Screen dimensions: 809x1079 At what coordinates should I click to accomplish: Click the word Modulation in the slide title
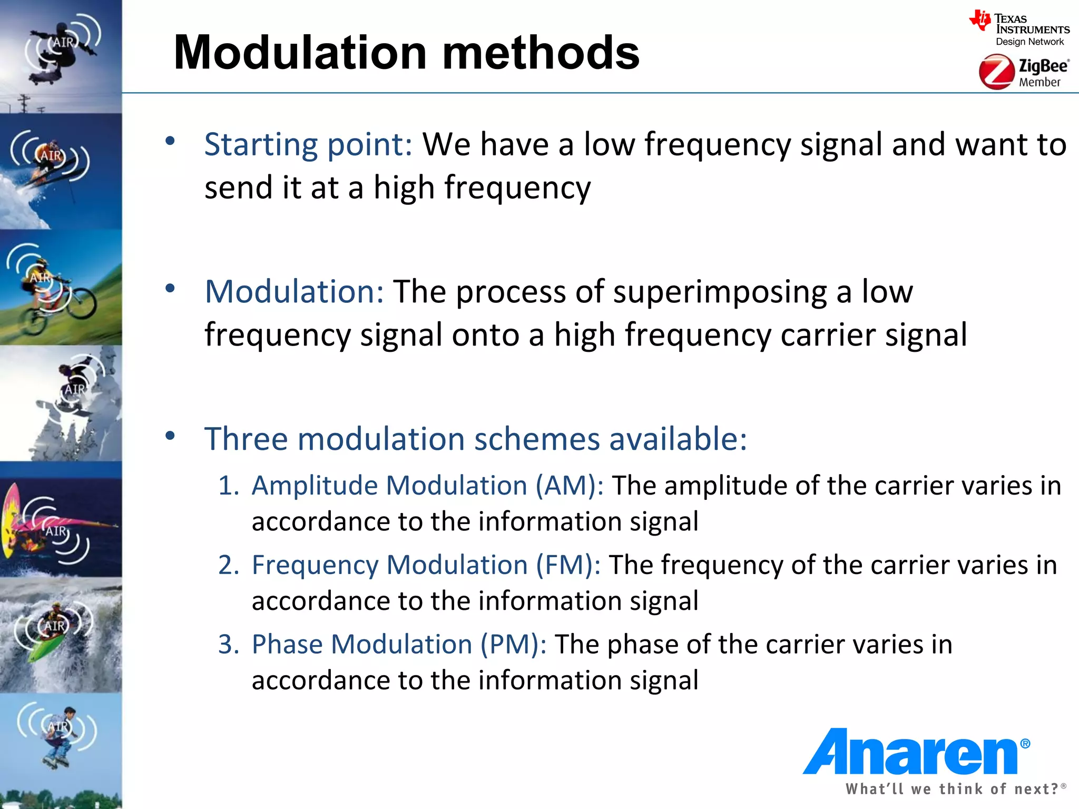(x=300, y=53)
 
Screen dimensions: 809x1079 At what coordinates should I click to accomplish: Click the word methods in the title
(x=541, y=53)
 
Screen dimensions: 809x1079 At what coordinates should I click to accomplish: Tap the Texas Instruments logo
(x=1019, y=29)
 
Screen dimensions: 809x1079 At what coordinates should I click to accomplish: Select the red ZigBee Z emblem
(x=996, y=73)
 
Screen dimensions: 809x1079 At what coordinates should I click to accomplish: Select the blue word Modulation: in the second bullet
(x=294, y=291)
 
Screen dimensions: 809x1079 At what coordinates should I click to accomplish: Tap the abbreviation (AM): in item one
(x=570, y=485)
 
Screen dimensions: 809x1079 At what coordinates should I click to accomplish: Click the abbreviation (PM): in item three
(x=513, y=644)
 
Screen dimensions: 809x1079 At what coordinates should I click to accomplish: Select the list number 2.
(x=229, y=565)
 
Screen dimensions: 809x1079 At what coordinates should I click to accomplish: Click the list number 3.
(x=229, y=644)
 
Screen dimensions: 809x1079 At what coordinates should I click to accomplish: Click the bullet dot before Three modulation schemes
(x=170, y=436)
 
